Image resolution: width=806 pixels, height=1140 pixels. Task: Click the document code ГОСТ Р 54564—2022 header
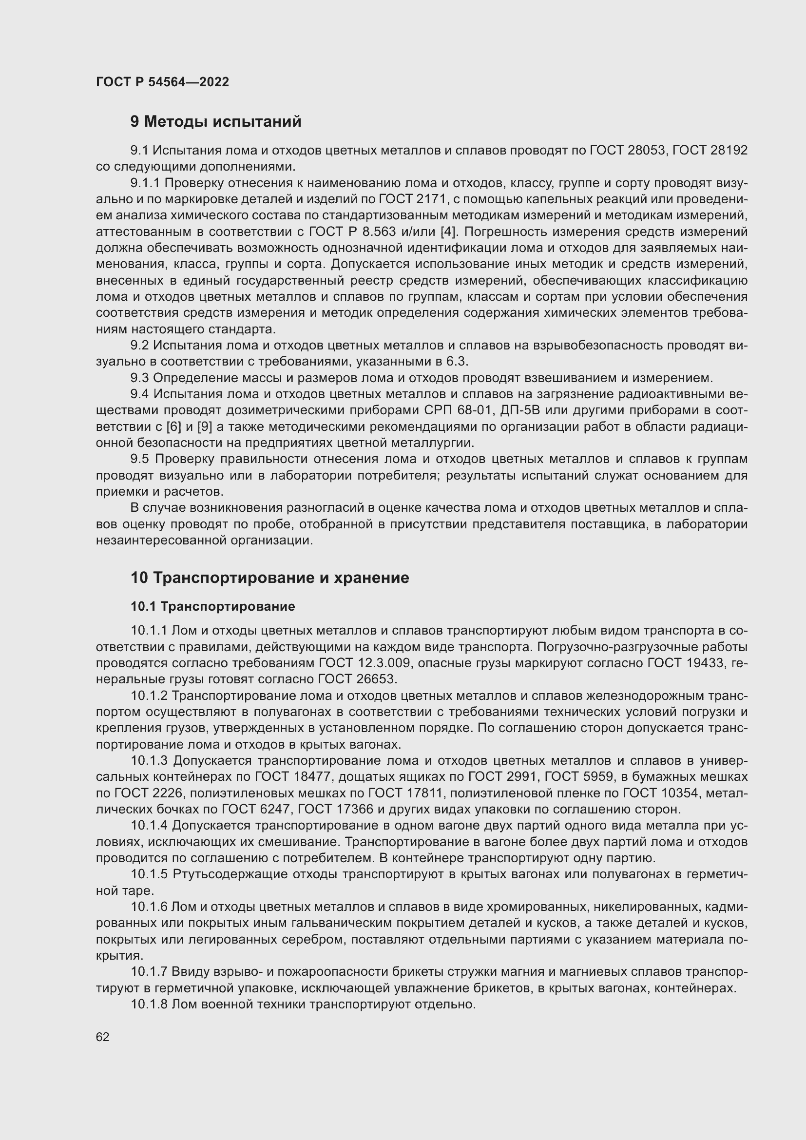[x=162, y=82]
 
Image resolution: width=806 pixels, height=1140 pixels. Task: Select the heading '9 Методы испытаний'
[x=215, y=122]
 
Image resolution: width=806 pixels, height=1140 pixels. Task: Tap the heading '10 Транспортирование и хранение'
[x=269, y=578]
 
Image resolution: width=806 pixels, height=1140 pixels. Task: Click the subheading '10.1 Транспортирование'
[x=213, y=606]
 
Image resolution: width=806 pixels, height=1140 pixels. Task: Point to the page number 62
[x=103, y=1037]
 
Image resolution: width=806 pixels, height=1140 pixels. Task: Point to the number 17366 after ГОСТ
[x=355, y=810]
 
